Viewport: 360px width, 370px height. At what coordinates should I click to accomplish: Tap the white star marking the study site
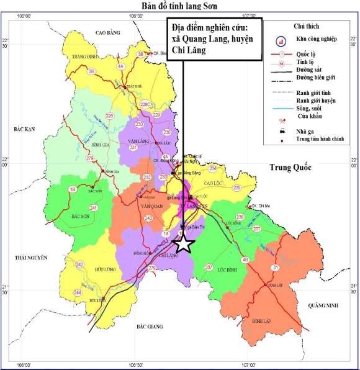tap(183, 243)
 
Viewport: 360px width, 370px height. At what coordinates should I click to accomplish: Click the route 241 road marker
tap(94, 207)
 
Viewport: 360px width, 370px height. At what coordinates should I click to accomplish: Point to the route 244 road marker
tap(78, 292)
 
